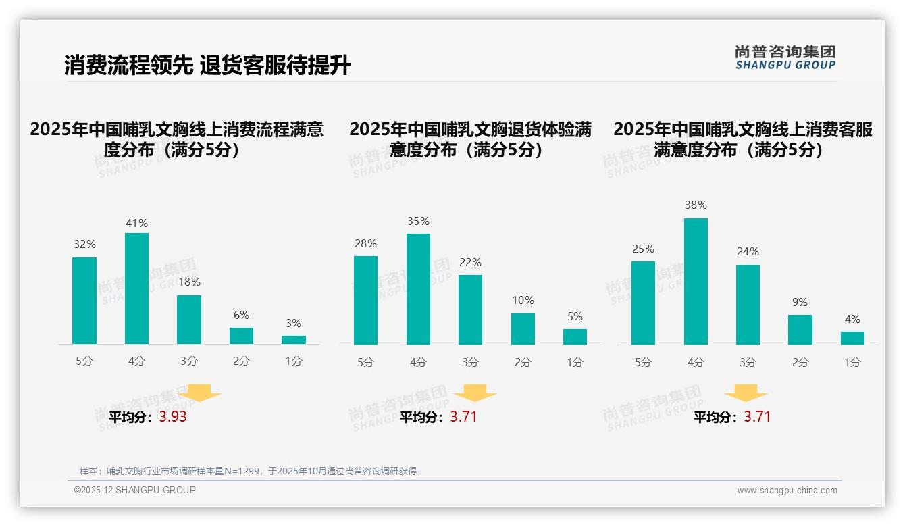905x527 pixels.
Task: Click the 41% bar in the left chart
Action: (x=136, y=288)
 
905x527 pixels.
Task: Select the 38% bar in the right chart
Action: (x=696, y=281)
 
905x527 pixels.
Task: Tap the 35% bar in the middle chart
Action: (x=418, y=289)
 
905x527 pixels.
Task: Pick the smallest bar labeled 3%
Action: (x=294, y=340)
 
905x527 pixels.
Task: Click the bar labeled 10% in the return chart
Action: (x=523, y=329)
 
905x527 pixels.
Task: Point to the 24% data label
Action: (x=748, y=251)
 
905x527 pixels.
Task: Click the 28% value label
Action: (x=365, y=243)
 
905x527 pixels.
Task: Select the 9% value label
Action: (x=800, y=302)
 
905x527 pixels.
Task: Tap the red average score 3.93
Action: (x=173, y=417)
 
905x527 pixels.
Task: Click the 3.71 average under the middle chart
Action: (x=463, y=417)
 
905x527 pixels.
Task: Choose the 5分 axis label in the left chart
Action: (x=84, y=361)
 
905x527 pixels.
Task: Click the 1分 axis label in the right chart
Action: (x=852, y=363)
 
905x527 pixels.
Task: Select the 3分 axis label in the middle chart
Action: (x=470, y=363)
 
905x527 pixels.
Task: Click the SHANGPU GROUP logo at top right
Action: (x=785, y=57)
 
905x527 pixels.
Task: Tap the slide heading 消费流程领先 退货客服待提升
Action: (x=207, y=66)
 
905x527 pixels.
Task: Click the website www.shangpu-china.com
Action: (x=787, y=491)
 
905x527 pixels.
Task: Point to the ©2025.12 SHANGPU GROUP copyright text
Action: (x=135, y=490)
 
